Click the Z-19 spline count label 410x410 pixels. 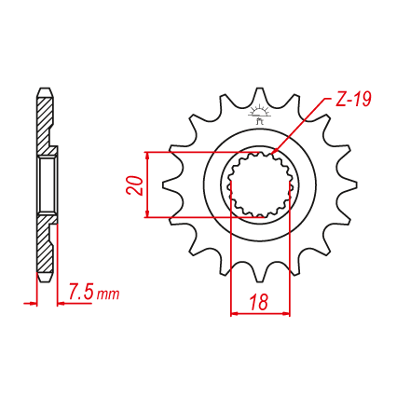[x=353, y=100]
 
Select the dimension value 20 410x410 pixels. [x=135, y=185]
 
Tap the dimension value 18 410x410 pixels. [x=258, y=302]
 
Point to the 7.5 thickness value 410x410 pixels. [x=80, y=293]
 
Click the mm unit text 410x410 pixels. [x=108, y=294]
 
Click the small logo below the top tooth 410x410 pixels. [x=260, y=115]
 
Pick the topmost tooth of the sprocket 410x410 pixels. [x=259, y=97]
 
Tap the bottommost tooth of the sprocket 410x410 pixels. [x=260, y=273]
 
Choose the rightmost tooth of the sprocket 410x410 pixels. [x=347, y=185]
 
